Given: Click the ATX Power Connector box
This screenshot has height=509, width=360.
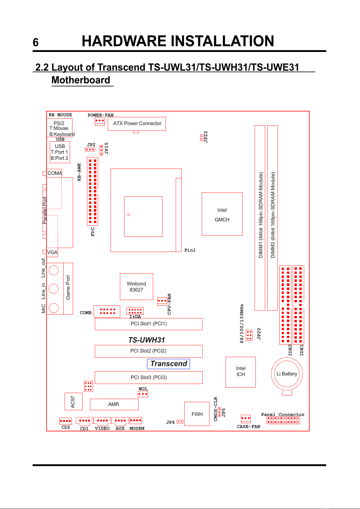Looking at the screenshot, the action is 137,124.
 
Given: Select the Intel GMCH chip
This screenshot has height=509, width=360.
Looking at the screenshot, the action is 222,214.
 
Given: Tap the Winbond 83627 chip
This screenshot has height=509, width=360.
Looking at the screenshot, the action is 136,287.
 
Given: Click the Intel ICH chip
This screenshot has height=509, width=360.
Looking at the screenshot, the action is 240,372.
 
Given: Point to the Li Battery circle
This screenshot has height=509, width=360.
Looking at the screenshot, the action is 272,374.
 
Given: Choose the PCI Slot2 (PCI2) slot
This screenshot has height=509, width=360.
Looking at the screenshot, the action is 149,351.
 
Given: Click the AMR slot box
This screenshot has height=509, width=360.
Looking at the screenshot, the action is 114,404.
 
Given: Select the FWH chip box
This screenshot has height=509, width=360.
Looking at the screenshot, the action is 197,414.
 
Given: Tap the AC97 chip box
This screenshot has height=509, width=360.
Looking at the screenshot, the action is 73,401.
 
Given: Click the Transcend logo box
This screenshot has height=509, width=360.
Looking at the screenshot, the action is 168,364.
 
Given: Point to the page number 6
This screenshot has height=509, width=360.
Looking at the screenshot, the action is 36,42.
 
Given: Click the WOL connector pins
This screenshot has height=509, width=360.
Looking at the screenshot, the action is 143,394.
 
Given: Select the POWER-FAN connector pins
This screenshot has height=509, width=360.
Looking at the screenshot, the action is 100,121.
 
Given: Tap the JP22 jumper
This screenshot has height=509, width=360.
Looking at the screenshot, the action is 202,137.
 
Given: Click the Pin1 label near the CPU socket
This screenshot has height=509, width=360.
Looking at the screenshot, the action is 190,250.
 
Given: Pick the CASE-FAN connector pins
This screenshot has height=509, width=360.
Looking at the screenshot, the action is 246,419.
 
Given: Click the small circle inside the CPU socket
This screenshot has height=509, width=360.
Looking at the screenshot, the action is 129,215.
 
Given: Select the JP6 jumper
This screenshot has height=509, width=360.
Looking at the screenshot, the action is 180,422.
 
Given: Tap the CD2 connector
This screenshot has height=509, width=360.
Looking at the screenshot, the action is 66,421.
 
